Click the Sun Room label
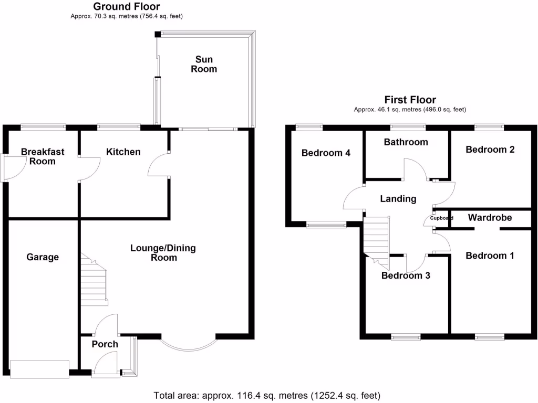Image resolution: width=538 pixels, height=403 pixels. [x=204, y=65]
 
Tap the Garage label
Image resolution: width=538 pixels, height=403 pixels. [x=43, y=257]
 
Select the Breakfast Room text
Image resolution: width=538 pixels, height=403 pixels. [x=43, y=156]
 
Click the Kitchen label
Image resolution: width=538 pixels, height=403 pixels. [x=123, y=152]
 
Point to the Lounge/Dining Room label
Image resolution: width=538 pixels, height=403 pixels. [x=163, y=253]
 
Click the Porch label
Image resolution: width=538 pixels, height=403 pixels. [x=105, y=344]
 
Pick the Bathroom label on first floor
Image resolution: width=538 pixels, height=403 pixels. [x=406, y=142]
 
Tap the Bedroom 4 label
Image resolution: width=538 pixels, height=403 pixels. [x=326, y=153]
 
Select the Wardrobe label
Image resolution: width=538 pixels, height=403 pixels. [x=490, y=217]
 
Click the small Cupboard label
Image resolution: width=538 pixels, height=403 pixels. [x=441, y=218]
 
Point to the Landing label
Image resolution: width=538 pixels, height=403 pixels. [x=398, y=199]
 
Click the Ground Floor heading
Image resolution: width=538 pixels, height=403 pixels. [x=127, y=6]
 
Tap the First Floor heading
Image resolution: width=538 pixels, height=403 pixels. [x=410, y=100]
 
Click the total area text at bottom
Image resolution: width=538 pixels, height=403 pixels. [x=267, y=395]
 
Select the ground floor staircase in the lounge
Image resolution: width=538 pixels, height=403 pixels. [x=95, y=281]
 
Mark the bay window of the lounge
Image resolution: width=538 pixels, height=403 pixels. [x=188, y=344]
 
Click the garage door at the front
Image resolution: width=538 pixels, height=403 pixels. [x=40, y=369]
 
